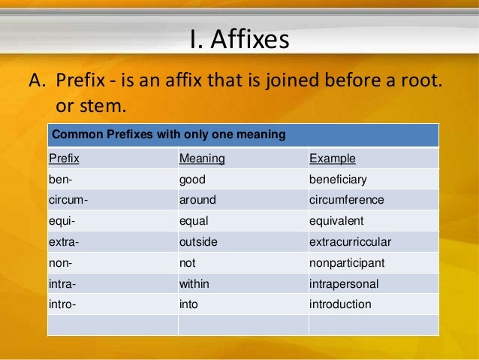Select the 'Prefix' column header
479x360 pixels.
tap(64, 159)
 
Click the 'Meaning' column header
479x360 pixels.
tap(202, 159)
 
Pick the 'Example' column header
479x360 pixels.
tap(333, 159)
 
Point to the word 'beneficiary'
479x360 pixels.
tap(338, 180)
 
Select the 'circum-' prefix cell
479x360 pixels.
tap(67, 201)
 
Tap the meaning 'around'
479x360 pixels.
tap(197, 201)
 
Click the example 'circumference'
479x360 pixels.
tap(347, 201)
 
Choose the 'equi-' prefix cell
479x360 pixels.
tap(62, 222)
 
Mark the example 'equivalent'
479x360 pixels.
tap(336, 222)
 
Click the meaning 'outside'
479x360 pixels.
tap(198, 243)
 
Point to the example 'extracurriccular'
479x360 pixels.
tap(351, 243)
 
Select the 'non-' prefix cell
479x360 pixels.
tap(59, 263)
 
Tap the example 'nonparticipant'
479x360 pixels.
tap(347, 263)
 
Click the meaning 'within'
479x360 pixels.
tap(195, 284)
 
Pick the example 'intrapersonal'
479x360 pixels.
tap(344, 284)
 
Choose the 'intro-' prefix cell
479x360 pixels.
tap(62, 304)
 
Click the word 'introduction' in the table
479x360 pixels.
tap(340, 304)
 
